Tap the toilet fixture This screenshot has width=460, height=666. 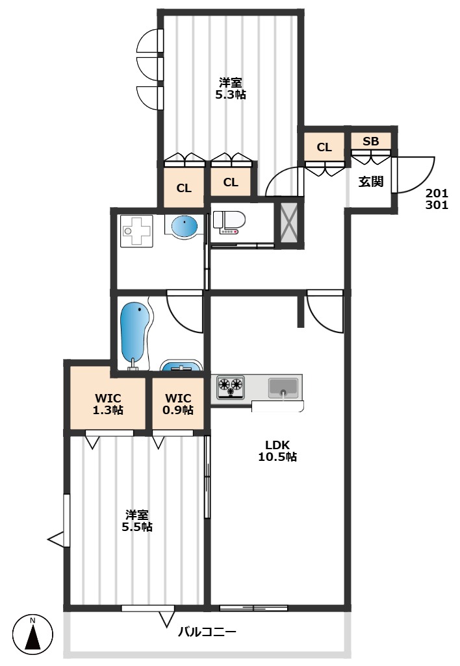229,222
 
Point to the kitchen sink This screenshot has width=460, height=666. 283,388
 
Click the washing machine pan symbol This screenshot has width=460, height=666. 136,230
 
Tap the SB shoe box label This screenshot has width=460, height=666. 371,141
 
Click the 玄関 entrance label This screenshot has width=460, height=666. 371,181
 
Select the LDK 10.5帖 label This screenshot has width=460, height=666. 277,451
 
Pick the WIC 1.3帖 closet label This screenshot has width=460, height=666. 108,404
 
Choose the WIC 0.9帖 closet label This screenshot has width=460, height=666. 178,404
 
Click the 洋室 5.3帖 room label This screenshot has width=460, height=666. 231,88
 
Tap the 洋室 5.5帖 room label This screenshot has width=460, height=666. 137,521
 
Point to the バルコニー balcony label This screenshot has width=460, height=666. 207,632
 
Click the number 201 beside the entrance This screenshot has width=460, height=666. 437,193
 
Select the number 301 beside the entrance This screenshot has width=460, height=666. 437,205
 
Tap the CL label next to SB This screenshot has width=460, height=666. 324,147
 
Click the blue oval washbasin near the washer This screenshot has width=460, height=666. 185,225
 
